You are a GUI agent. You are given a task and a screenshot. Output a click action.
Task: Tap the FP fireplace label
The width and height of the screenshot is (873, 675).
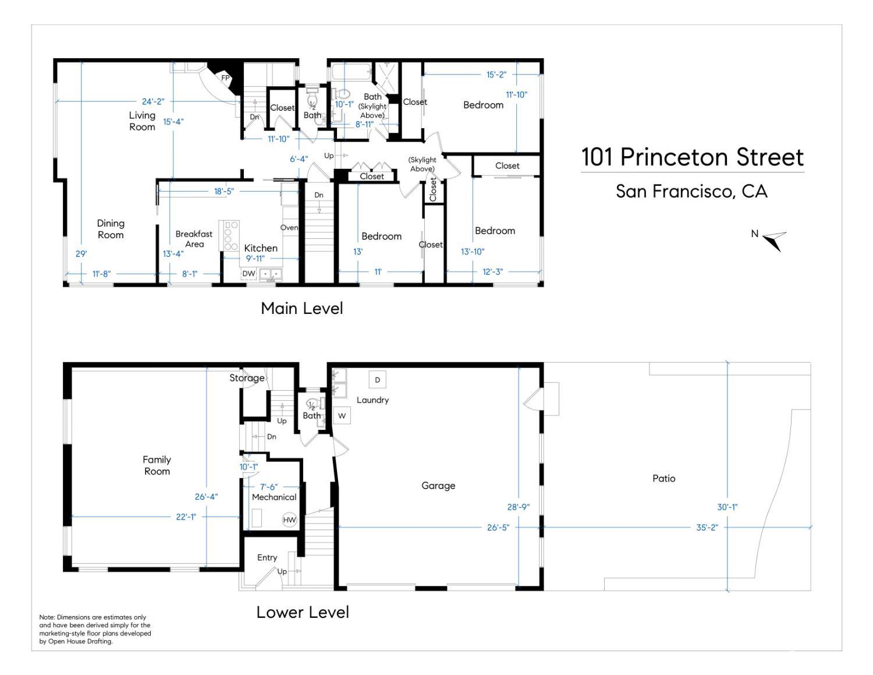225,77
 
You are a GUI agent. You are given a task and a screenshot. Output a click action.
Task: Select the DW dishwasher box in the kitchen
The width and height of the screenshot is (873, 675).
249,273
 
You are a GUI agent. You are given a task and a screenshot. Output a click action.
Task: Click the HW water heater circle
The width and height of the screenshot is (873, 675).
289,520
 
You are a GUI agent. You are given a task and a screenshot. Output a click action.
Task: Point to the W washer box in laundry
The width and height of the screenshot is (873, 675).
342,416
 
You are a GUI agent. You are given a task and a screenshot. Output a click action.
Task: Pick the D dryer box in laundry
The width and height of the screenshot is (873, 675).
377,380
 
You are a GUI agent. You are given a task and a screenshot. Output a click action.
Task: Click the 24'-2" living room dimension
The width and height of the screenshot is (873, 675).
153,102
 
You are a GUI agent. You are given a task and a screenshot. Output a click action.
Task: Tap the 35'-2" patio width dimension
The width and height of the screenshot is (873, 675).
707,527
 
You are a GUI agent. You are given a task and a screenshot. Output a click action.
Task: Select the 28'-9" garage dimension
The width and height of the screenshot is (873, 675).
518,507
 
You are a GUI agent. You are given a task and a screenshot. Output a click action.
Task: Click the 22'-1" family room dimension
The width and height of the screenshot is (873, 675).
186,517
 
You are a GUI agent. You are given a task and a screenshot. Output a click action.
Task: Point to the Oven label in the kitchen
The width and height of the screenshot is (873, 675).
289,228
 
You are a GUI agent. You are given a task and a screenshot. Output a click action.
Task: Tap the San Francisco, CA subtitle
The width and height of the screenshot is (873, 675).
691,192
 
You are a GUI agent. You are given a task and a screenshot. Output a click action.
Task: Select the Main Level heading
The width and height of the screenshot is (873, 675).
301,308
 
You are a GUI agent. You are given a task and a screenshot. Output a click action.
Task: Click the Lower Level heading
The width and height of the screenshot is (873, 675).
303,612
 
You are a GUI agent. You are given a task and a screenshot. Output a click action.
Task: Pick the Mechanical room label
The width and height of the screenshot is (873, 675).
274,497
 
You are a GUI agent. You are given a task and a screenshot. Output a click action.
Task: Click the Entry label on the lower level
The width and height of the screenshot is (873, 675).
267,557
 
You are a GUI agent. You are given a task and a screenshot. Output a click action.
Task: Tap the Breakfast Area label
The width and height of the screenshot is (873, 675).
194,239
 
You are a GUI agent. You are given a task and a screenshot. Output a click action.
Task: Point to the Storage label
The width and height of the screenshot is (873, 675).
247,378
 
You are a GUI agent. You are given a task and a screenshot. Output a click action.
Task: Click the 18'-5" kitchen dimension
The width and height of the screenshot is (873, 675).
223,192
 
